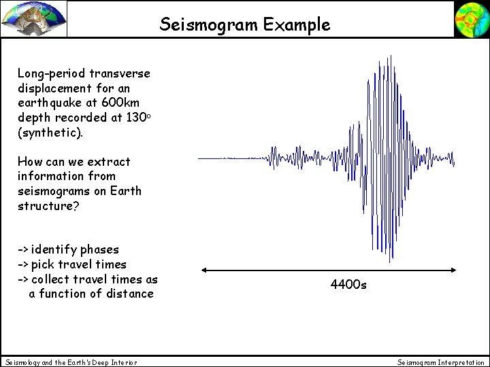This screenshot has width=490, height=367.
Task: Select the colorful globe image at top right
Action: click(470, 19)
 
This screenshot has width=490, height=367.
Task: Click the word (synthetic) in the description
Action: click(50, 132)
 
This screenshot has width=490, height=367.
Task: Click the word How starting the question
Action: click(31, 162)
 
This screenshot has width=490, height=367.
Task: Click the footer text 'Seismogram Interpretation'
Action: click(441, 362)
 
